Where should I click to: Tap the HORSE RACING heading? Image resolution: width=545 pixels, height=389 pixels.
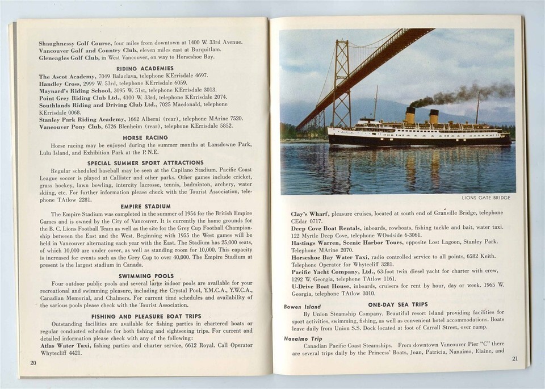point(145,137)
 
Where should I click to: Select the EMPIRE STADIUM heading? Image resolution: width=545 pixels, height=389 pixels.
point(145,206)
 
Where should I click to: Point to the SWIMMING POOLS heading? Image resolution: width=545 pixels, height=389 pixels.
point(146,276)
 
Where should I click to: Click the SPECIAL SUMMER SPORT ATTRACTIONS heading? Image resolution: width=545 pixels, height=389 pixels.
point(145,163)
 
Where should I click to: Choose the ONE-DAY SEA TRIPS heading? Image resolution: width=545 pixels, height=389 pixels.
point(397,305)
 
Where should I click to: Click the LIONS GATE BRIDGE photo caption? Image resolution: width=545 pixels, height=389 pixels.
point(487,198)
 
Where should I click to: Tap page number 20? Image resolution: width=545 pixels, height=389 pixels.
point(33,362)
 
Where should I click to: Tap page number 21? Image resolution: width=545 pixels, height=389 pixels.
point(514,358)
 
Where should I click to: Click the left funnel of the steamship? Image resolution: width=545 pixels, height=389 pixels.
point(410,115)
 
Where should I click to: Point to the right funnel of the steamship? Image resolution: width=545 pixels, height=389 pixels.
point(434,116)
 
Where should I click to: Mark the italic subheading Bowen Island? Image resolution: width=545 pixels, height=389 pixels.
point(302,307)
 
